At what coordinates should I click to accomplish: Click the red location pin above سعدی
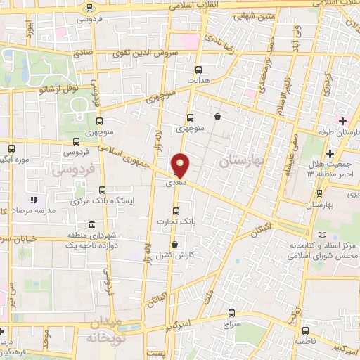coord(181,165)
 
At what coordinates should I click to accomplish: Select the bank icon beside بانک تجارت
coord(176,210)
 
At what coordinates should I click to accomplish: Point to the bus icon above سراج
coord(232,314)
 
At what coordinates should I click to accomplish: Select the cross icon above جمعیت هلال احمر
coord(330,153)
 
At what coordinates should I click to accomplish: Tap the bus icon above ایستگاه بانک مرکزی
coord(103,189)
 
